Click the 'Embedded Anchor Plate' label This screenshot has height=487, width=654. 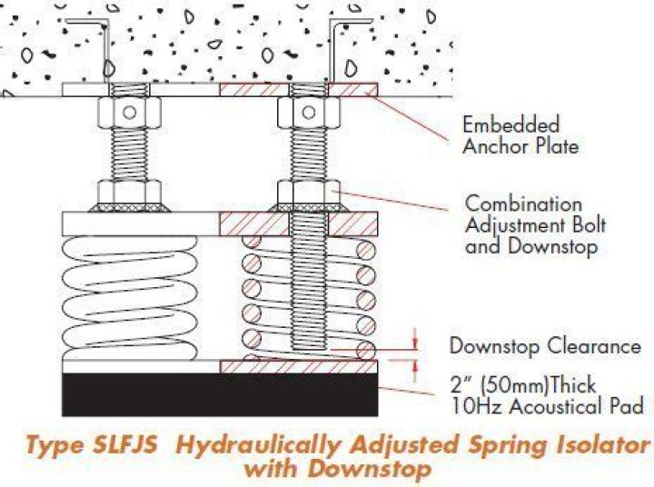point(510,134)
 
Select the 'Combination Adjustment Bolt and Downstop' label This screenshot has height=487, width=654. point(535,224)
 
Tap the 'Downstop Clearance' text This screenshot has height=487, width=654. point(545,346)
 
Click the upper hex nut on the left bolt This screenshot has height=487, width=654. point(126,113)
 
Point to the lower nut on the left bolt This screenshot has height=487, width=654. point(127,194)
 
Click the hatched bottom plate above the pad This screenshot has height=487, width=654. point(299,365)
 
